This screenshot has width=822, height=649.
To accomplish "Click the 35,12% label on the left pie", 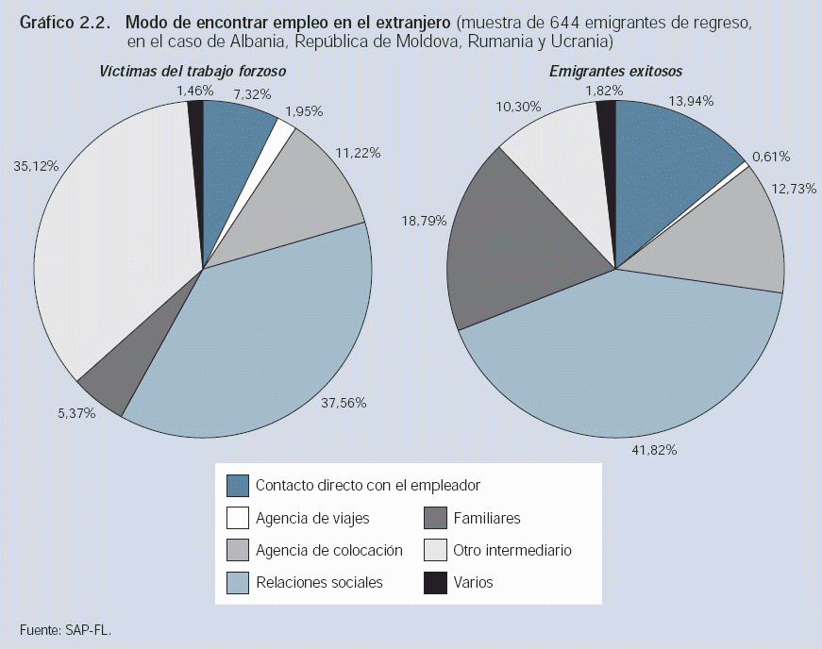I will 37,166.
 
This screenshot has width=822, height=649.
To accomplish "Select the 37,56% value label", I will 344,403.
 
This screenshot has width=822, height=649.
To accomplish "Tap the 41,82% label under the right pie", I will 653,450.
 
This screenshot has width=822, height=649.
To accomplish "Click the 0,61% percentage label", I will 771,157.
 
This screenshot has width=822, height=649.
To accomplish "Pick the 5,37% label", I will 75,412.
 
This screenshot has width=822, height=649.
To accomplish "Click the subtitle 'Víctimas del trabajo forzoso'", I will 193,71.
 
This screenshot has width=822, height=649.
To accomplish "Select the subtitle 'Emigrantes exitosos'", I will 615,71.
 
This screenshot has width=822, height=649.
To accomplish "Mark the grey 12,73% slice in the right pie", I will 727,236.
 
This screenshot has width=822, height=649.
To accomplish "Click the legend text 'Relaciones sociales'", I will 319,582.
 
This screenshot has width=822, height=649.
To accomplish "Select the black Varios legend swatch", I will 434,583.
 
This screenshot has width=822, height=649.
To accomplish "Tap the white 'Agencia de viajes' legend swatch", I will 238,518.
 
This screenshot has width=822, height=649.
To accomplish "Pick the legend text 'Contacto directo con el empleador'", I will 368,485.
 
